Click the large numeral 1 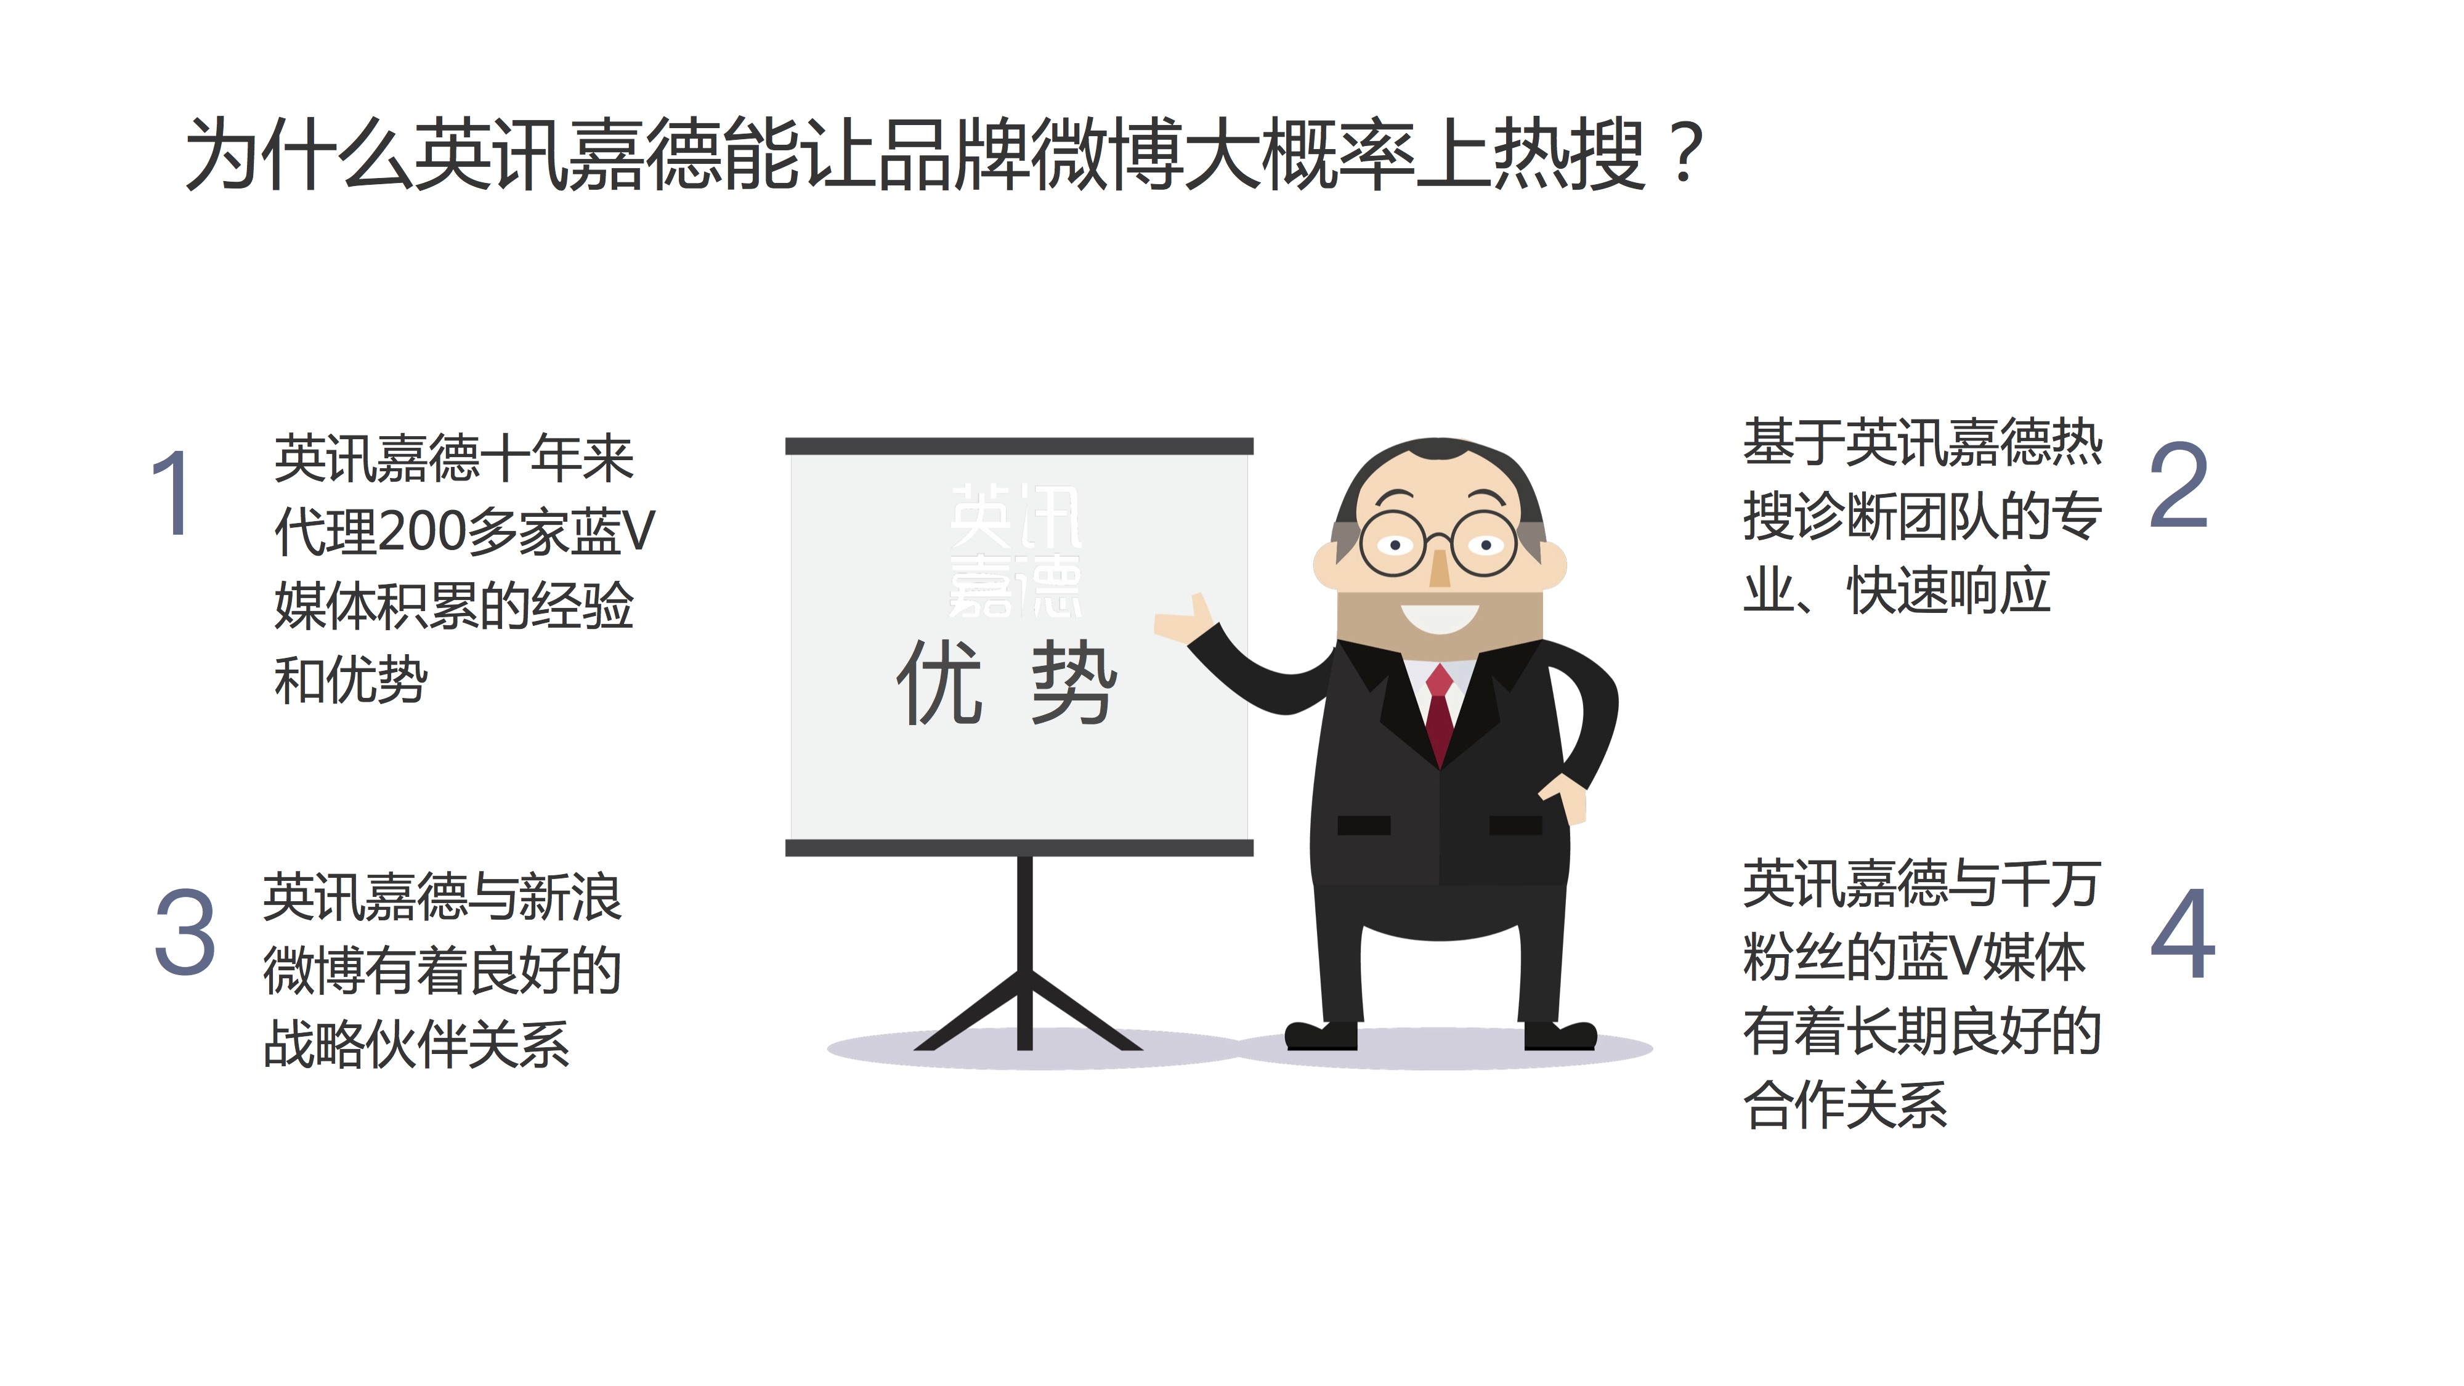(x=173, y=493)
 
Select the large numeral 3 (x=185, y=931)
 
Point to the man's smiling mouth (x=1438, y=618)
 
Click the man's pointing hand (x=1184, y=619)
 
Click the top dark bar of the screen (x=1019, y=446)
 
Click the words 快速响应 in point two (x=1948, y=590)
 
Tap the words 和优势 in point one (x=350, y=680)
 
